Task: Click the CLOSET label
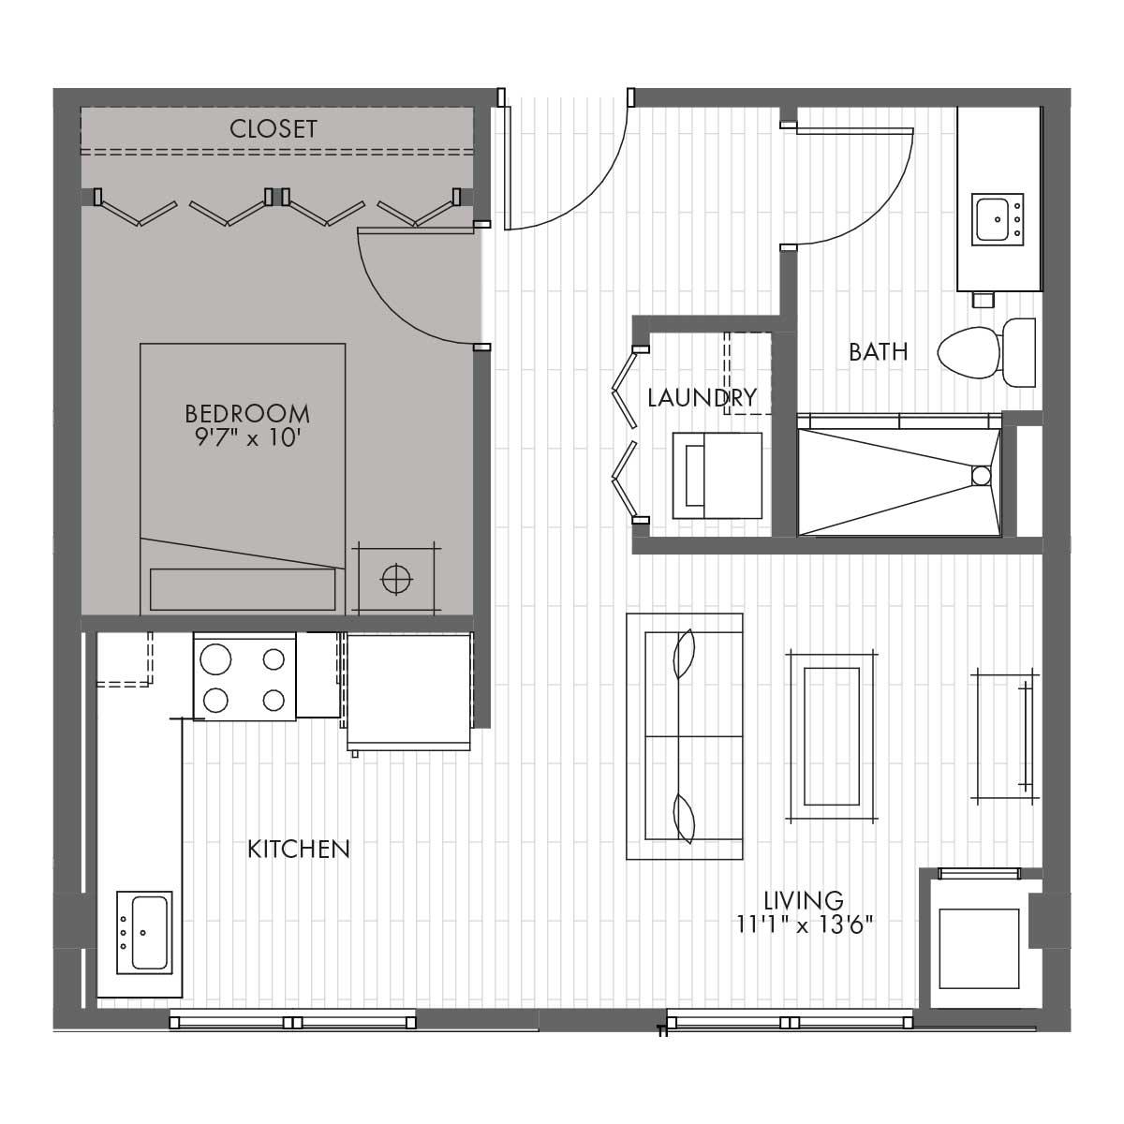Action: tap(273, 129)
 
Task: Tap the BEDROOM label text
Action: tap(247, 414)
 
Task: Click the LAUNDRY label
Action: tap(702, 397)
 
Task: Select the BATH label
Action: tap(879, 352)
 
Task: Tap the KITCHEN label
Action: tap(299, 850)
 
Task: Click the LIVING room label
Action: tap(804, 900)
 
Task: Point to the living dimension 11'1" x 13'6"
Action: tap(805, 924)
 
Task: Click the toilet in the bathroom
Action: tap(986, 352)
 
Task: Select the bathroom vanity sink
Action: tap(998, 220)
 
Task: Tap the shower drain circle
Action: tap(981, 476)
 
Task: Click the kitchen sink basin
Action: tap(149, 933)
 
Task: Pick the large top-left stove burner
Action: tap(215, 659)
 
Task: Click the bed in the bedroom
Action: tap(243, 479)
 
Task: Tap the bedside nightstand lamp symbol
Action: tap(396, 579)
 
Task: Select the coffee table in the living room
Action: tap(831, 737)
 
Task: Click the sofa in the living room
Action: tap(684, 736)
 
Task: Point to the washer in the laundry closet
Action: tap(717, 476)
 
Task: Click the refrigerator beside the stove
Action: tap(409, 692)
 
